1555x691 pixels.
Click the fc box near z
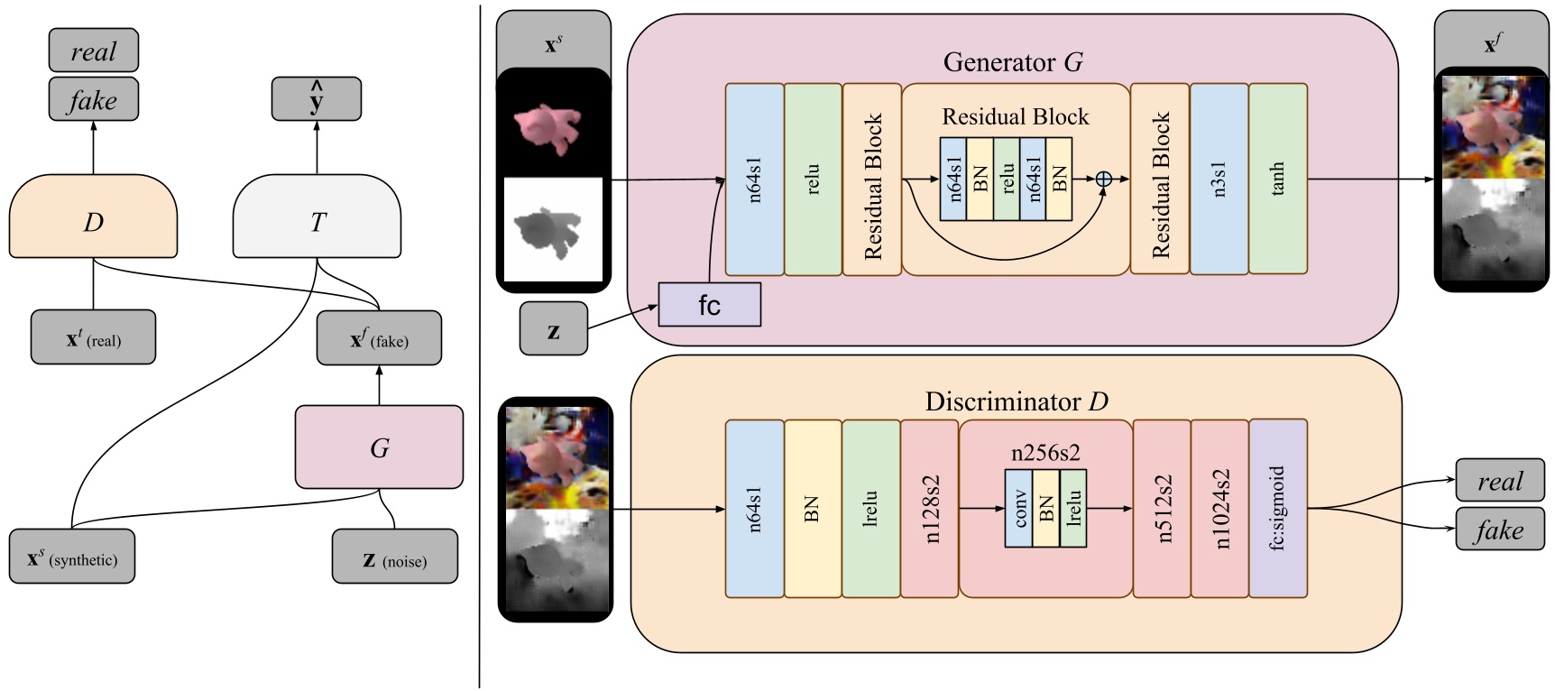(x=709, y=305)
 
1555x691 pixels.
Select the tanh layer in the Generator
(x=1277, y=179)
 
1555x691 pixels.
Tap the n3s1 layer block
(x=1219, y=179)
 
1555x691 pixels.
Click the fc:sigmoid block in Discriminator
(x=1277, y=508)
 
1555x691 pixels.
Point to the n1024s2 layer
(x=1219, y=508)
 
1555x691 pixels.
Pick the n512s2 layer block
(x=1161, y=508)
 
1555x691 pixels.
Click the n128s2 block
(x=929, y=508)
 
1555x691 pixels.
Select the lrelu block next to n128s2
(x=870, y=508)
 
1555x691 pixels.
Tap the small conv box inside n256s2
(x=1019, y=508)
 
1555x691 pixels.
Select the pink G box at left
(x=379, y=447)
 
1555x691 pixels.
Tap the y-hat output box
(x=317, y=98)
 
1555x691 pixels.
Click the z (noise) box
(x=394, y=556)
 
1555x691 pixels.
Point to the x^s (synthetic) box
(x=72, y=556)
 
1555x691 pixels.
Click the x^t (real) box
(x=93, y=337)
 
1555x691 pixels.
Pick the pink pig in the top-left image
(x=548, y=127)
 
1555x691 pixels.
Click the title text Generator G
(x=1013, y=62)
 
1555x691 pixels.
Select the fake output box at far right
(x=1499, y=530)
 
